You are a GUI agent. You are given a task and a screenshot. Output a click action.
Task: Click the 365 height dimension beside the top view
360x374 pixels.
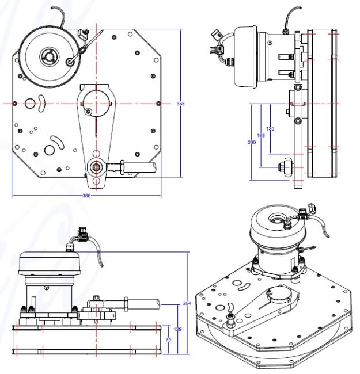click(x=181, y=104)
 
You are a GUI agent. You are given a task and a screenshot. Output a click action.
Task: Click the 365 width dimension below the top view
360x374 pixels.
click(x=87, y=196)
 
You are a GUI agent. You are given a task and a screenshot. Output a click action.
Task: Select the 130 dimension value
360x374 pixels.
click(x=271, y=128)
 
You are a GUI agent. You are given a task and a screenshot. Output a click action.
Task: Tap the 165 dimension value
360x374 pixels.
click(x=260, y=135)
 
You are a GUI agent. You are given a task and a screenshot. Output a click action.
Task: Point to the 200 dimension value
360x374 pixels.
click(x=251, y=142)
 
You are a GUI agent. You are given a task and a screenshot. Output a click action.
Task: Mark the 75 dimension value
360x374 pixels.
click(x=169, y=340)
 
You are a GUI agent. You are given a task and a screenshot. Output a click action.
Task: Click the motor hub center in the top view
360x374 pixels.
click(x=47, y=56)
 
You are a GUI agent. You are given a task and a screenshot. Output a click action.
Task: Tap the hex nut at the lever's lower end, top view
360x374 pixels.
click(x=95, y=168)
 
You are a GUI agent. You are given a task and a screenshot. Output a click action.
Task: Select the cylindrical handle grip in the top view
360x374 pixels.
click(x=139, y=167)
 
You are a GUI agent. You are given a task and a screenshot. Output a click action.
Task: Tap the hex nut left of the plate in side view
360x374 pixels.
click(x=285, y=167)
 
